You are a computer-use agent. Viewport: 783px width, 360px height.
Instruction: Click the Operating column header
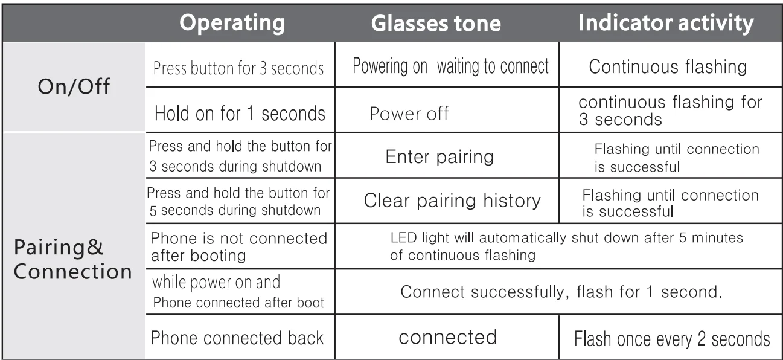click(233, 23)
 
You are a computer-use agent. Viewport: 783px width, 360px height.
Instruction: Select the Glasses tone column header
click(436, 23)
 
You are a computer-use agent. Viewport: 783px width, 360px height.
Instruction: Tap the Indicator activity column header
click(666, 23)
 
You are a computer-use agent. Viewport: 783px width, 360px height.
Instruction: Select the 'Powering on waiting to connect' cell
click(450, 66)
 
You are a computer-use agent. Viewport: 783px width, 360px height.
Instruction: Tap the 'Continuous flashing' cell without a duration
click(668, 66)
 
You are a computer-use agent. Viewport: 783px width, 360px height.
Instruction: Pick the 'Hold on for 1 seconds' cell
click(240, 113)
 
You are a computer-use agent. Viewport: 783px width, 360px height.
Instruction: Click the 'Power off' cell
click(409, 114)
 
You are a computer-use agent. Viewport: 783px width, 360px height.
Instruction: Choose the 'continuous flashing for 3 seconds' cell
click(670, 111)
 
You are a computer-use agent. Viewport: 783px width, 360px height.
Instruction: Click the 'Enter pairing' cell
click(439, 158)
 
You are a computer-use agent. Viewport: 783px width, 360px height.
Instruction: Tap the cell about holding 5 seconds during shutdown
click(239, 202)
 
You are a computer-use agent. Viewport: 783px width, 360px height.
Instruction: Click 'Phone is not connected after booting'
click(238, 246)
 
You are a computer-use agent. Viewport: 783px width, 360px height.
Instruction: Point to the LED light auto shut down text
click(566, 246)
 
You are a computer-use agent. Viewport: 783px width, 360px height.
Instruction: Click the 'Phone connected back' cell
click(237, 338)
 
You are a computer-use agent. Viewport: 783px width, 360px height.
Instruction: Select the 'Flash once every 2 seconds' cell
click(671, 338)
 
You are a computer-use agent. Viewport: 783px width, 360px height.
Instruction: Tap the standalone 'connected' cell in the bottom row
click(447, 337)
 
